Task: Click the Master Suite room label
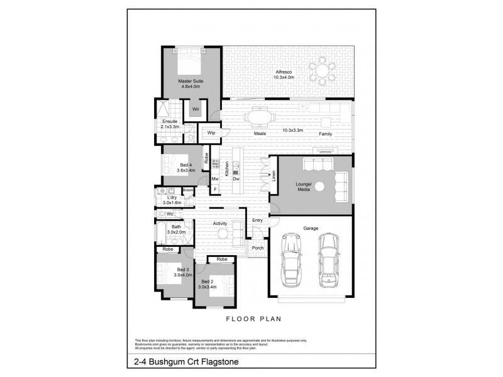(x=191, y=84)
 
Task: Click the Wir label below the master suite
(x=196, y=109)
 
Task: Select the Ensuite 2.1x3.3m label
(x=170, y=124)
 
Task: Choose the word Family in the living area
(x=325, y=134)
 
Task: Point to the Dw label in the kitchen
(x=236, y=180)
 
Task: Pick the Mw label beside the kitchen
(x=214, y=180)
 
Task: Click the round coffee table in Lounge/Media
(x=319, y=186)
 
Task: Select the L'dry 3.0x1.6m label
(x=171, y=200)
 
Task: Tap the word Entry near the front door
(x=257, y=221)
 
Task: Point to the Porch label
(x=257, y=248)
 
